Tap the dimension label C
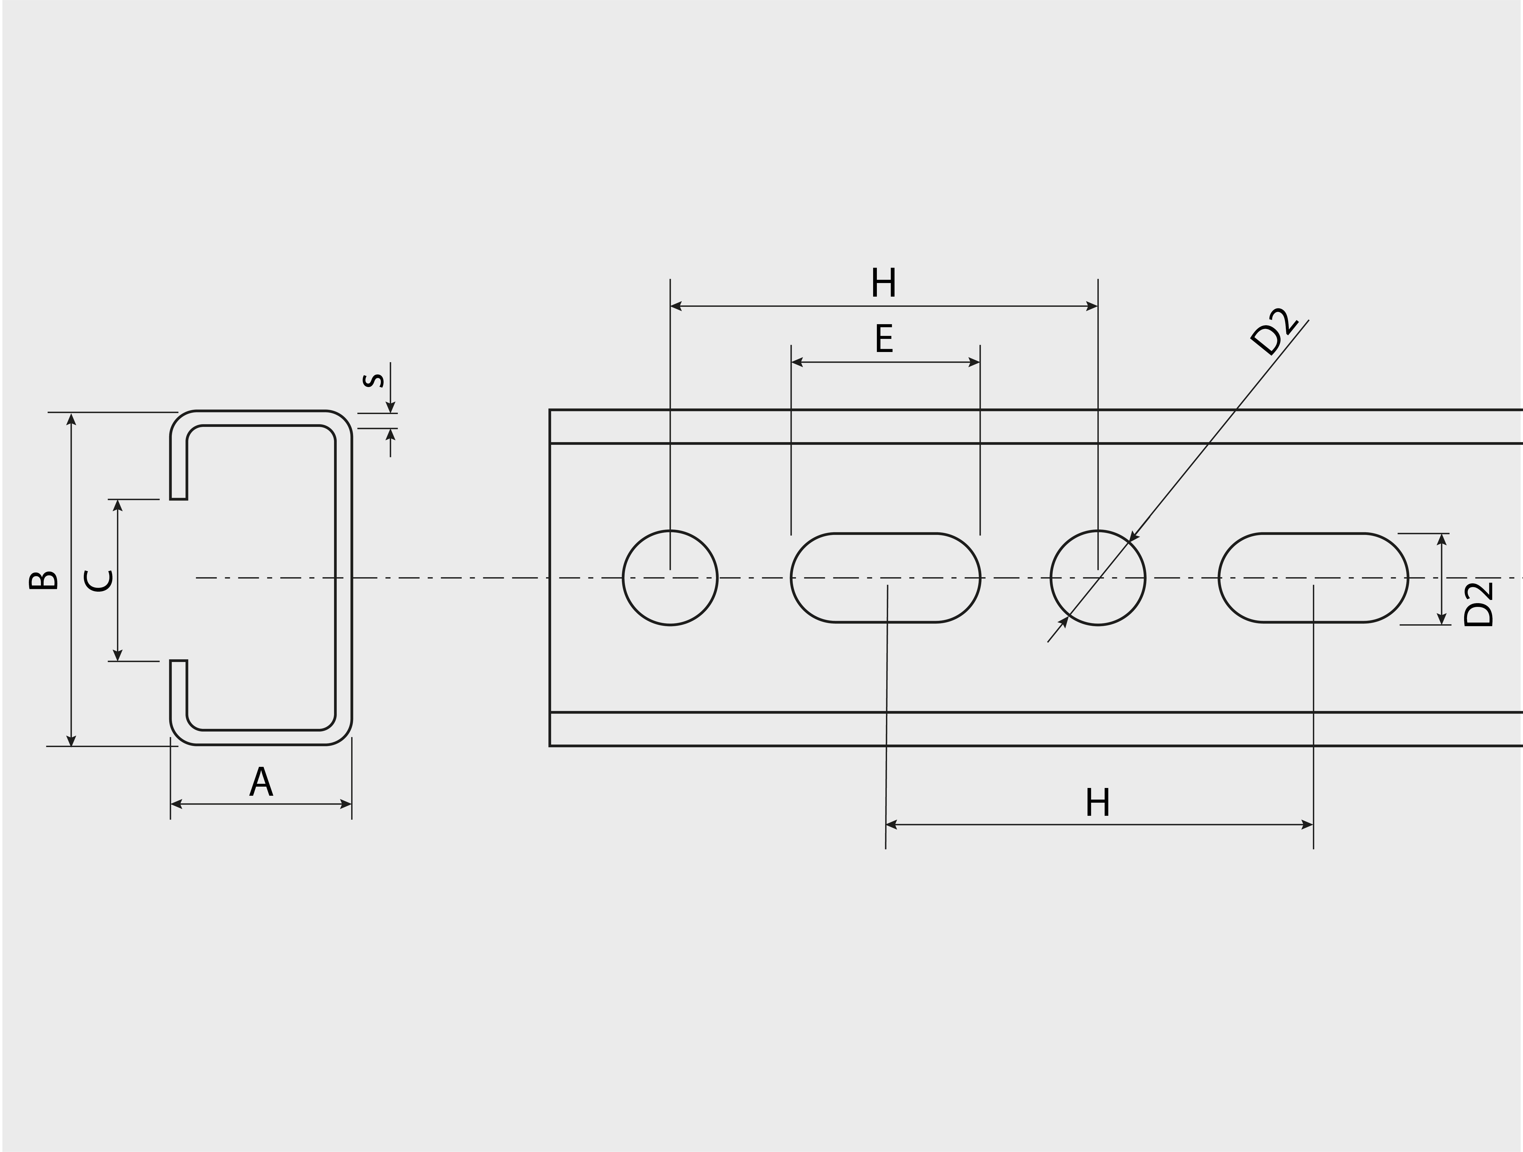(x=98, y=580)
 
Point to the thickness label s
(x=374, y=380)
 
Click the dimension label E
(x=884, y=339)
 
